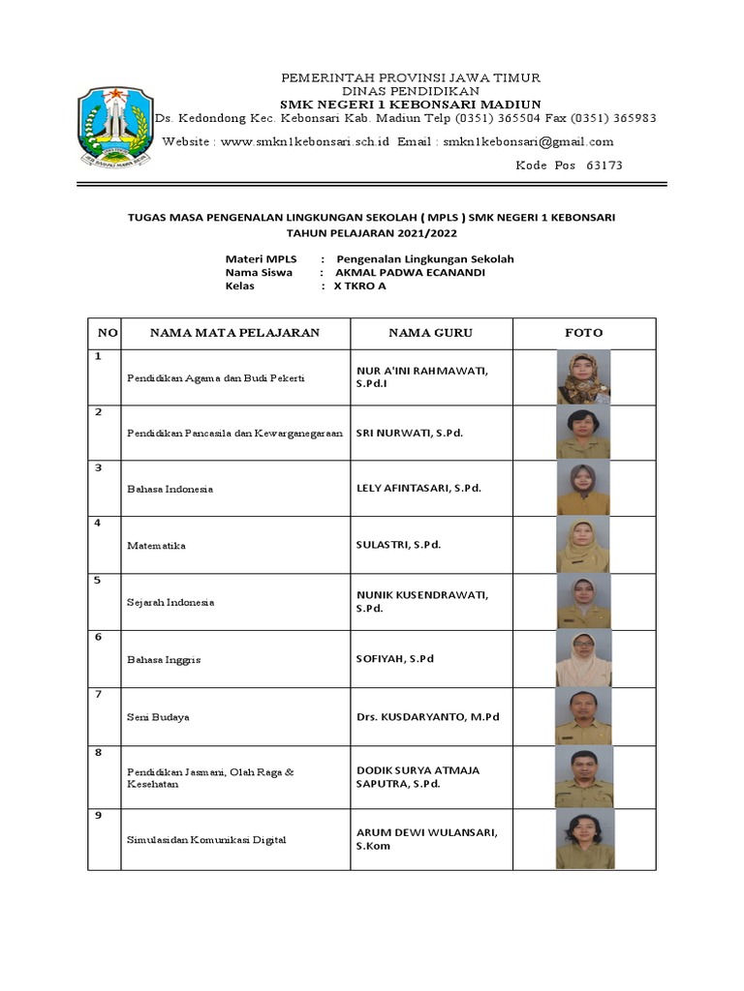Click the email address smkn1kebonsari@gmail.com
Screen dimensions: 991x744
pyautogui.click(x=527, y=141)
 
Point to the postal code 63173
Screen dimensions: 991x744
pyautogui.click(x=604, y=165)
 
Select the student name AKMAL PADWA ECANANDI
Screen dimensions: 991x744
pyautogui.click(x=410, y=273)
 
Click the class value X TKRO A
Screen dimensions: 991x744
pyautogui.click(x=360, y=286)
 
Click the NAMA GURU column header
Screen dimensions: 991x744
pyautogui.click(x=430, y=333)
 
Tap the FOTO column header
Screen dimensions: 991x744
pyautogui.click(x=583, y=333)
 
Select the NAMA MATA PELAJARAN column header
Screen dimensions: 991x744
pyautogui.click(x=234, y=333)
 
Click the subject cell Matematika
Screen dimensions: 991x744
pyautogui.click(x=156, y=546)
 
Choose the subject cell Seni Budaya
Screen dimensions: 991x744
pyautogui.click(x=158, y=717)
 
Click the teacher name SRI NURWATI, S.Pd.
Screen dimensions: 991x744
pyautogui.click(x=410, y=433)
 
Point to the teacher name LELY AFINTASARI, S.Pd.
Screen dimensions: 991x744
pyautogui.click(x=418, y=489)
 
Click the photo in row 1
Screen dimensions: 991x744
pyautogui.click(x=583, y=376)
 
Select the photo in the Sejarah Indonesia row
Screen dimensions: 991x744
pyautogui.click(x=583, y=603)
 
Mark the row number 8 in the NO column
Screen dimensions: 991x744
pyautogui.click(x=98, y=752)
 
